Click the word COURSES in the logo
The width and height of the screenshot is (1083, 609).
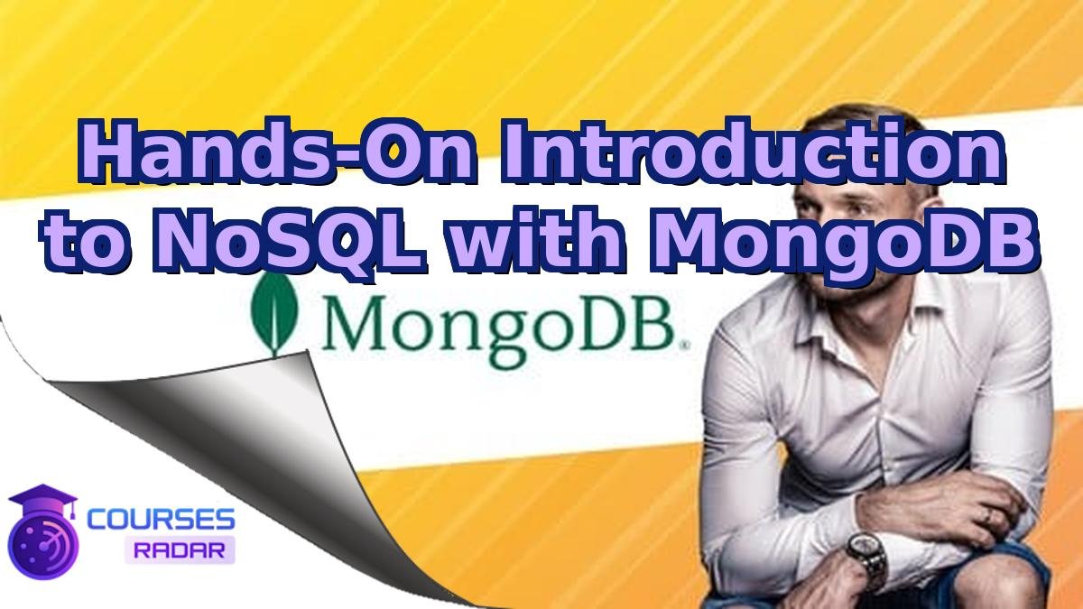point(162,519)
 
